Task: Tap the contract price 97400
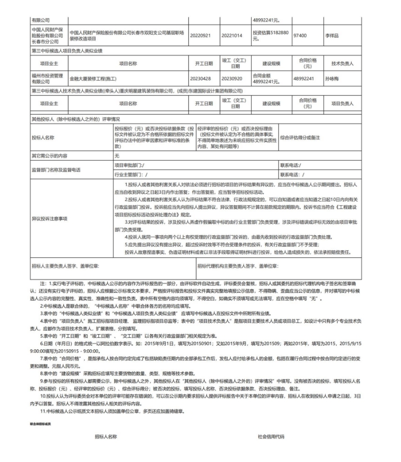tap(300, 34)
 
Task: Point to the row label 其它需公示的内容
tap(46, 156)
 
